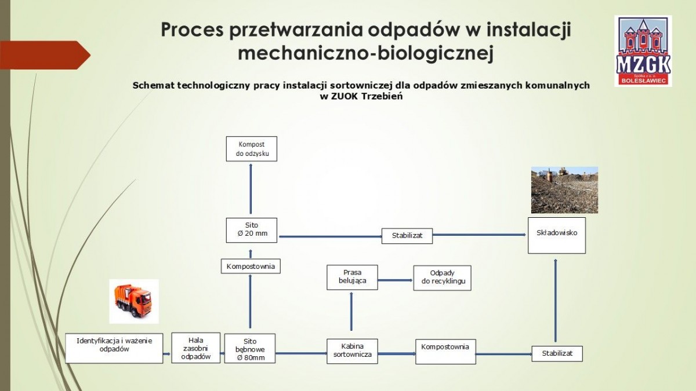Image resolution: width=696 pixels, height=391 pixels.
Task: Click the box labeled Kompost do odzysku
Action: [x=251, y=148]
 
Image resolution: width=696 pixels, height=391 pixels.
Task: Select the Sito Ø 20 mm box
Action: [x=251, y=230]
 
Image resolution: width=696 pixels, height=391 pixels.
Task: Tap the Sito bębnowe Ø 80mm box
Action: [x=250, y=349]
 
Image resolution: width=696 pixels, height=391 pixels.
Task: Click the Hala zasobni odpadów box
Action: [x=196, y=348]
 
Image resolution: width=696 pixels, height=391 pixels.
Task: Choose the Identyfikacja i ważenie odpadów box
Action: [x=114, y=348]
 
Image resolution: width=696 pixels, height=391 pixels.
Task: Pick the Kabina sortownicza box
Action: [x=352, y=350]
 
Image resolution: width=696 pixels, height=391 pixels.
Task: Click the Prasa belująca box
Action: [x=352, y=277]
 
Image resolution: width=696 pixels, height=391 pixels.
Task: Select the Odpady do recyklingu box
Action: [x=442, y=277]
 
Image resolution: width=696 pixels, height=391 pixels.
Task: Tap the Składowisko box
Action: [x=556, y=235]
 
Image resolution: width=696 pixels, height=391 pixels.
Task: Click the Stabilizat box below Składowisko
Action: [x=557, y=353]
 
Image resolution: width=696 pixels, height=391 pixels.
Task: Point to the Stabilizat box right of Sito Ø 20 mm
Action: [x=407, y=236]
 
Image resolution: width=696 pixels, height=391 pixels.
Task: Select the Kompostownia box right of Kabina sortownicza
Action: [x=445, y=351]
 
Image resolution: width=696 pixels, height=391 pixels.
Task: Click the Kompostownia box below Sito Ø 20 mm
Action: [x=251, y=266]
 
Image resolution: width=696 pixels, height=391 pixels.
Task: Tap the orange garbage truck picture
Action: [x=134, y=301]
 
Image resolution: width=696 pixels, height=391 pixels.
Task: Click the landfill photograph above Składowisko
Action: [x=564, y=190]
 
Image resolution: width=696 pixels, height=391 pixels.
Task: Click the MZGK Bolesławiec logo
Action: [x=643, y=51]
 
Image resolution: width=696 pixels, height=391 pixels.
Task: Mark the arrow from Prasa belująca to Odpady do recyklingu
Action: [x=395, y=280]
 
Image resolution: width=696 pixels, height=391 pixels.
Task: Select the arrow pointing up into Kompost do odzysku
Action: [x=251, y=188]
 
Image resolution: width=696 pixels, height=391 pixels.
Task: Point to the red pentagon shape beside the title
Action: [x=43, y=55]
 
